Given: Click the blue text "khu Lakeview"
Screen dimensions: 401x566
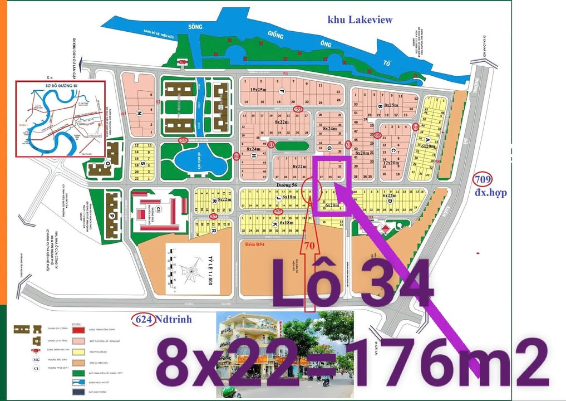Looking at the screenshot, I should [360, 19].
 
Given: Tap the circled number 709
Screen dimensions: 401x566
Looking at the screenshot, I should [483, 179].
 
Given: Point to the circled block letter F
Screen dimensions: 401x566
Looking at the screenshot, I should [282, 91].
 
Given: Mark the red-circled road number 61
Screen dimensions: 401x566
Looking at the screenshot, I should [271, 145].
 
